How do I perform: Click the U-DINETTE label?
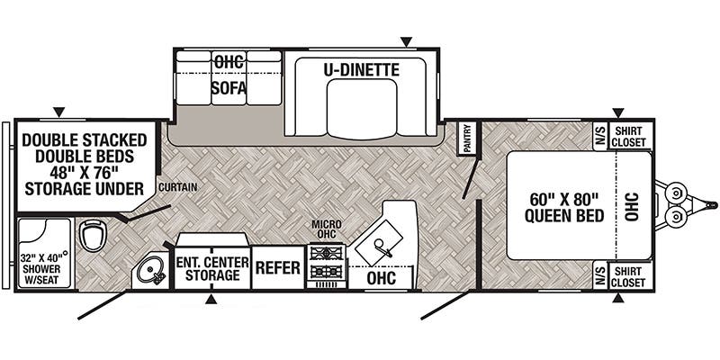tap(362, 68)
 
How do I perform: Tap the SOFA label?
tap(229, 88)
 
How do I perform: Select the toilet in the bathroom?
tap(91, 236)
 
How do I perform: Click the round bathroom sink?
tap(149, 270)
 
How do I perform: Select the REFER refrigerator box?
tap(277, 268)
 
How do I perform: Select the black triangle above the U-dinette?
tap(407, 41)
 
